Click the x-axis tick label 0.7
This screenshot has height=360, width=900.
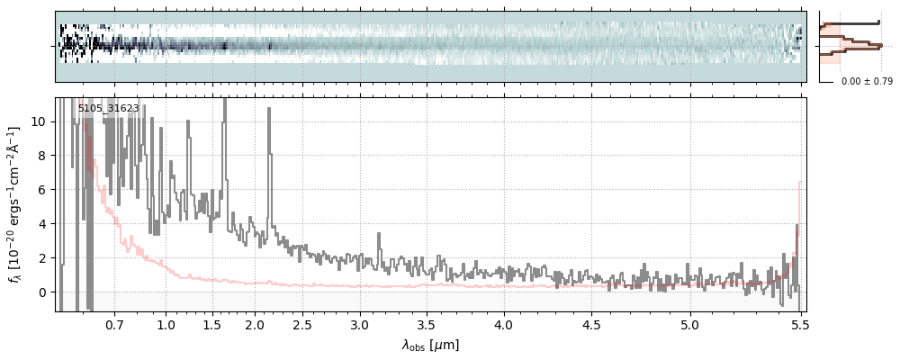coord(114,323)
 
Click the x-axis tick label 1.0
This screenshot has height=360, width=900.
coord(166,323)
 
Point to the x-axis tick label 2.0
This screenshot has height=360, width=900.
coord(255,323)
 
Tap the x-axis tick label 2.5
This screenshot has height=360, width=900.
coord(302,323)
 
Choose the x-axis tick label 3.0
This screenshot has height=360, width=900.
coord(359,323)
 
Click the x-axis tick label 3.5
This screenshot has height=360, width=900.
coord(431,323)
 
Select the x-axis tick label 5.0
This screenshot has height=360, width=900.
coord(689,323)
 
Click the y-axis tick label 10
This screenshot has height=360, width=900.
coord(39,121)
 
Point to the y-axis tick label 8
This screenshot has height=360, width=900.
coord(42,156)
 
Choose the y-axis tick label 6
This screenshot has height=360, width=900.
coord(42,190)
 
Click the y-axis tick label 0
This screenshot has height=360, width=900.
coord(42,292)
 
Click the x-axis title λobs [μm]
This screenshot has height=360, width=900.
coord(430,345)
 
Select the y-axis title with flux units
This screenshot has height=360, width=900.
coord(14,205)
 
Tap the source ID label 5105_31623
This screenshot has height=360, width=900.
coord(108,109)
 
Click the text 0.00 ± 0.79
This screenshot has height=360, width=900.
coord(867,82)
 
